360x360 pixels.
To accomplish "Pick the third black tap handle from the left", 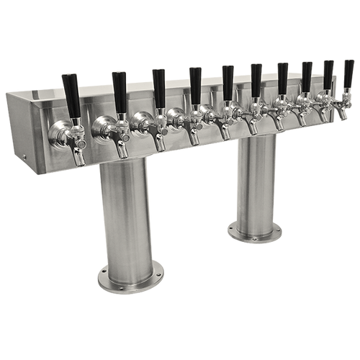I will [x=159, y=85].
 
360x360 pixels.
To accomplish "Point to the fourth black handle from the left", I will [x=195, y=82].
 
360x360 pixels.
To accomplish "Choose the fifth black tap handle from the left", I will [x=228, y=80].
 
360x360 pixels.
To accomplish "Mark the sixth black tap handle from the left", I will [x=256, y=78].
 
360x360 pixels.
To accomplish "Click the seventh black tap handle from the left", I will [x=282, y=76].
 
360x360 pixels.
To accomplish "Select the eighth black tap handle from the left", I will [x=307, y=75].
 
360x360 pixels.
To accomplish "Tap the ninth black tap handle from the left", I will [x=328, y=73].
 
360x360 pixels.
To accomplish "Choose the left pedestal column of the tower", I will [x=127, y=216].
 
